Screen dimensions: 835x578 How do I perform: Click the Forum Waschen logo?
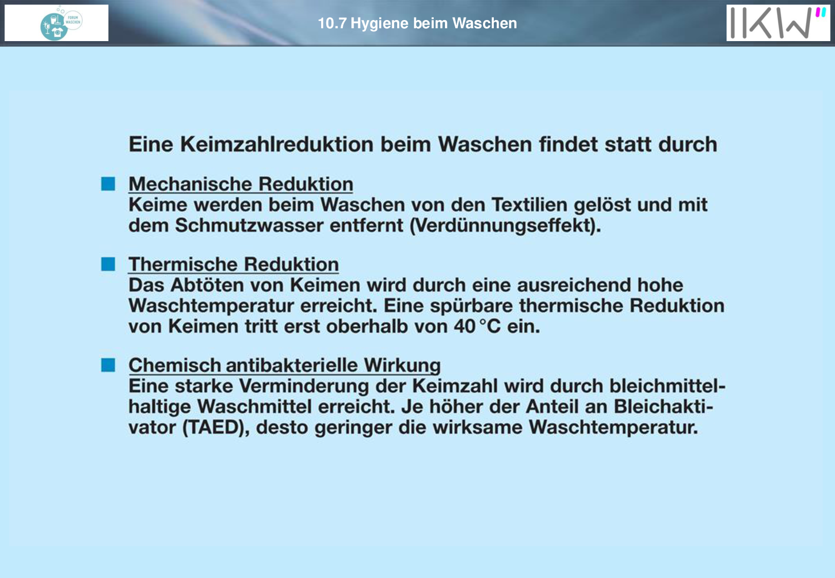tap(61, 23)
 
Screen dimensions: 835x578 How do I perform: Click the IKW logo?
tap(778, 23)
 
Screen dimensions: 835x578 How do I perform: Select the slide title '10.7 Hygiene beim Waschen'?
tap(417, 24)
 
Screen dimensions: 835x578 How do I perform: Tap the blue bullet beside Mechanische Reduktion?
tap(108, 184)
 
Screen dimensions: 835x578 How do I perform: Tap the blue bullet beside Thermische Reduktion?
tap(108, 264)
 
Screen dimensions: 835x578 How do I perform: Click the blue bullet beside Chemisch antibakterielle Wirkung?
tap(108, 365)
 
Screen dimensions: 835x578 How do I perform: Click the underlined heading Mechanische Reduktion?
tap(241, 184)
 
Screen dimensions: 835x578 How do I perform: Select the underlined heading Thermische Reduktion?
tap(234, 265)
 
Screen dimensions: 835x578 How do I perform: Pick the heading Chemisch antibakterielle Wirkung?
tap(285, 365)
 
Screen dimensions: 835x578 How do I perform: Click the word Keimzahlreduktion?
tap(277, 144)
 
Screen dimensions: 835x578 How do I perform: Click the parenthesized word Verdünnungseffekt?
tap(505, 226)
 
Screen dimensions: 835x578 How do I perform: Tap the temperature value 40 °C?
tap(477, 326)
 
